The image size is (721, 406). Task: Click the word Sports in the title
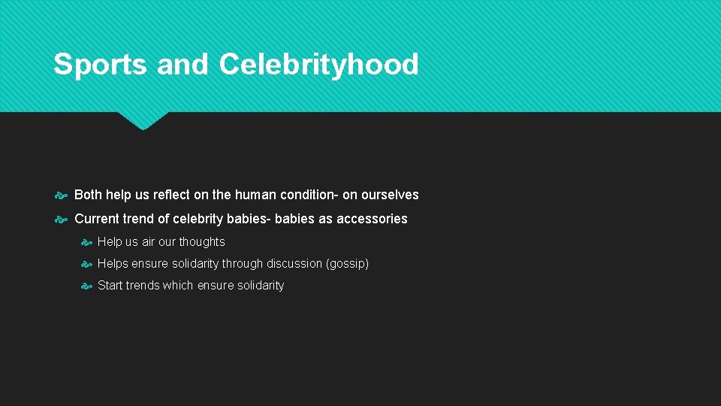100,65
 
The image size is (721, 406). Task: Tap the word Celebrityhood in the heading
318,65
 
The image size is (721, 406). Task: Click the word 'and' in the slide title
183,65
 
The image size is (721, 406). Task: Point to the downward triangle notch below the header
143,120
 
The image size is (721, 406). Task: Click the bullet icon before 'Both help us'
62,195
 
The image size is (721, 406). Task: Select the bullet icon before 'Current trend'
62,220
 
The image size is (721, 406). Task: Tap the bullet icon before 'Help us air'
86,242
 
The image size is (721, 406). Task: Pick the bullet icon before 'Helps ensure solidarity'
86,264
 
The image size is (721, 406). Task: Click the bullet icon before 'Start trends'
86,286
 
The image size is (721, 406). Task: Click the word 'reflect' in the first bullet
171,195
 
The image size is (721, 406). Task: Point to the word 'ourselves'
390,195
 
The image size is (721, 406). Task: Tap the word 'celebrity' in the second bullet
198,219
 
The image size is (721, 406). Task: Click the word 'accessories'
372,219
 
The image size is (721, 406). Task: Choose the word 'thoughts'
201,242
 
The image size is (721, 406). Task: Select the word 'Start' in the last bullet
110,286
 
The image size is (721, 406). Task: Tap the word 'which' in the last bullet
176,286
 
